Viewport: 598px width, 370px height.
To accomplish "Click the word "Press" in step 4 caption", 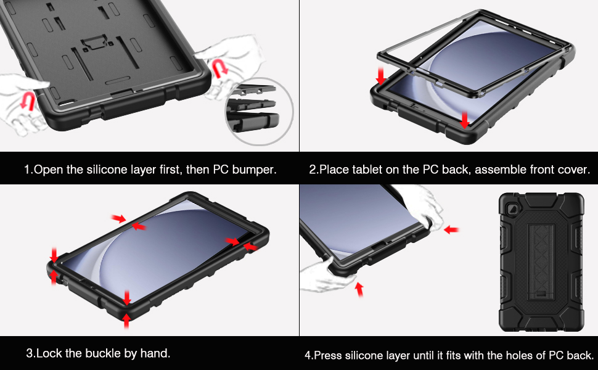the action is click(x=328, y=355).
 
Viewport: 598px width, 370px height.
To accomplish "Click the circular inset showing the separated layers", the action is click(x=260, y=111).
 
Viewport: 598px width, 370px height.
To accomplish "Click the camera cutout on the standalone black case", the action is click(x=511, y=208).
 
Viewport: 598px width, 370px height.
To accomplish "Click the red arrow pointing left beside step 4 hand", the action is click(x=451, y=229).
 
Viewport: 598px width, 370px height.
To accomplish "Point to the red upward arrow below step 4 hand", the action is click(x=359, y=289).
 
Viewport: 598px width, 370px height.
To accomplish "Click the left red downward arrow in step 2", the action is click(x=380, y=75).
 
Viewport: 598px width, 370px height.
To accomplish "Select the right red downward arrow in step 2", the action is click(x=464, y=120).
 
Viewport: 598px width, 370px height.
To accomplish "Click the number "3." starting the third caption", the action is click(x=30, y=353).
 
